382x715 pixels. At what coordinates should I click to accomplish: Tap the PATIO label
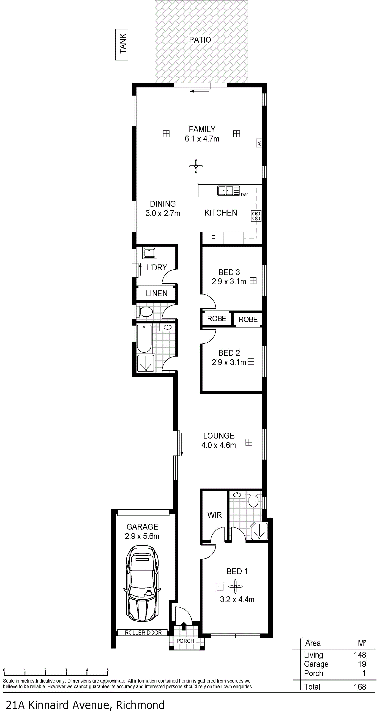pyautogui.click(x=200, y=40)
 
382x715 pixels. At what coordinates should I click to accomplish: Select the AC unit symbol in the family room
pyautogui.click(x=259, y=143)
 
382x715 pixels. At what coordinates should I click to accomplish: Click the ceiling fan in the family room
pyautogui.click(x=196, y=166)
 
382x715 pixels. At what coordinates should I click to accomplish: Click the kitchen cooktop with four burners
pyautogui.click(x=256, y=216)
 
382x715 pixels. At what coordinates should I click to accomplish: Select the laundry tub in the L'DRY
pyautogui.click(x=150, y=253)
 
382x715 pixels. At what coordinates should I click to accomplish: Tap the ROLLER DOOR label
pyautogui.click(x=143, y=633)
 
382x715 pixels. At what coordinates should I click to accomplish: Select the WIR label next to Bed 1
pyautogui.click(x=214, y=515)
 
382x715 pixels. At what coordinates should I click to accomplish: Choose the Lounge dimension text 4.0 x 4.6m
pyautogui.click(x=219, y=445)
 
